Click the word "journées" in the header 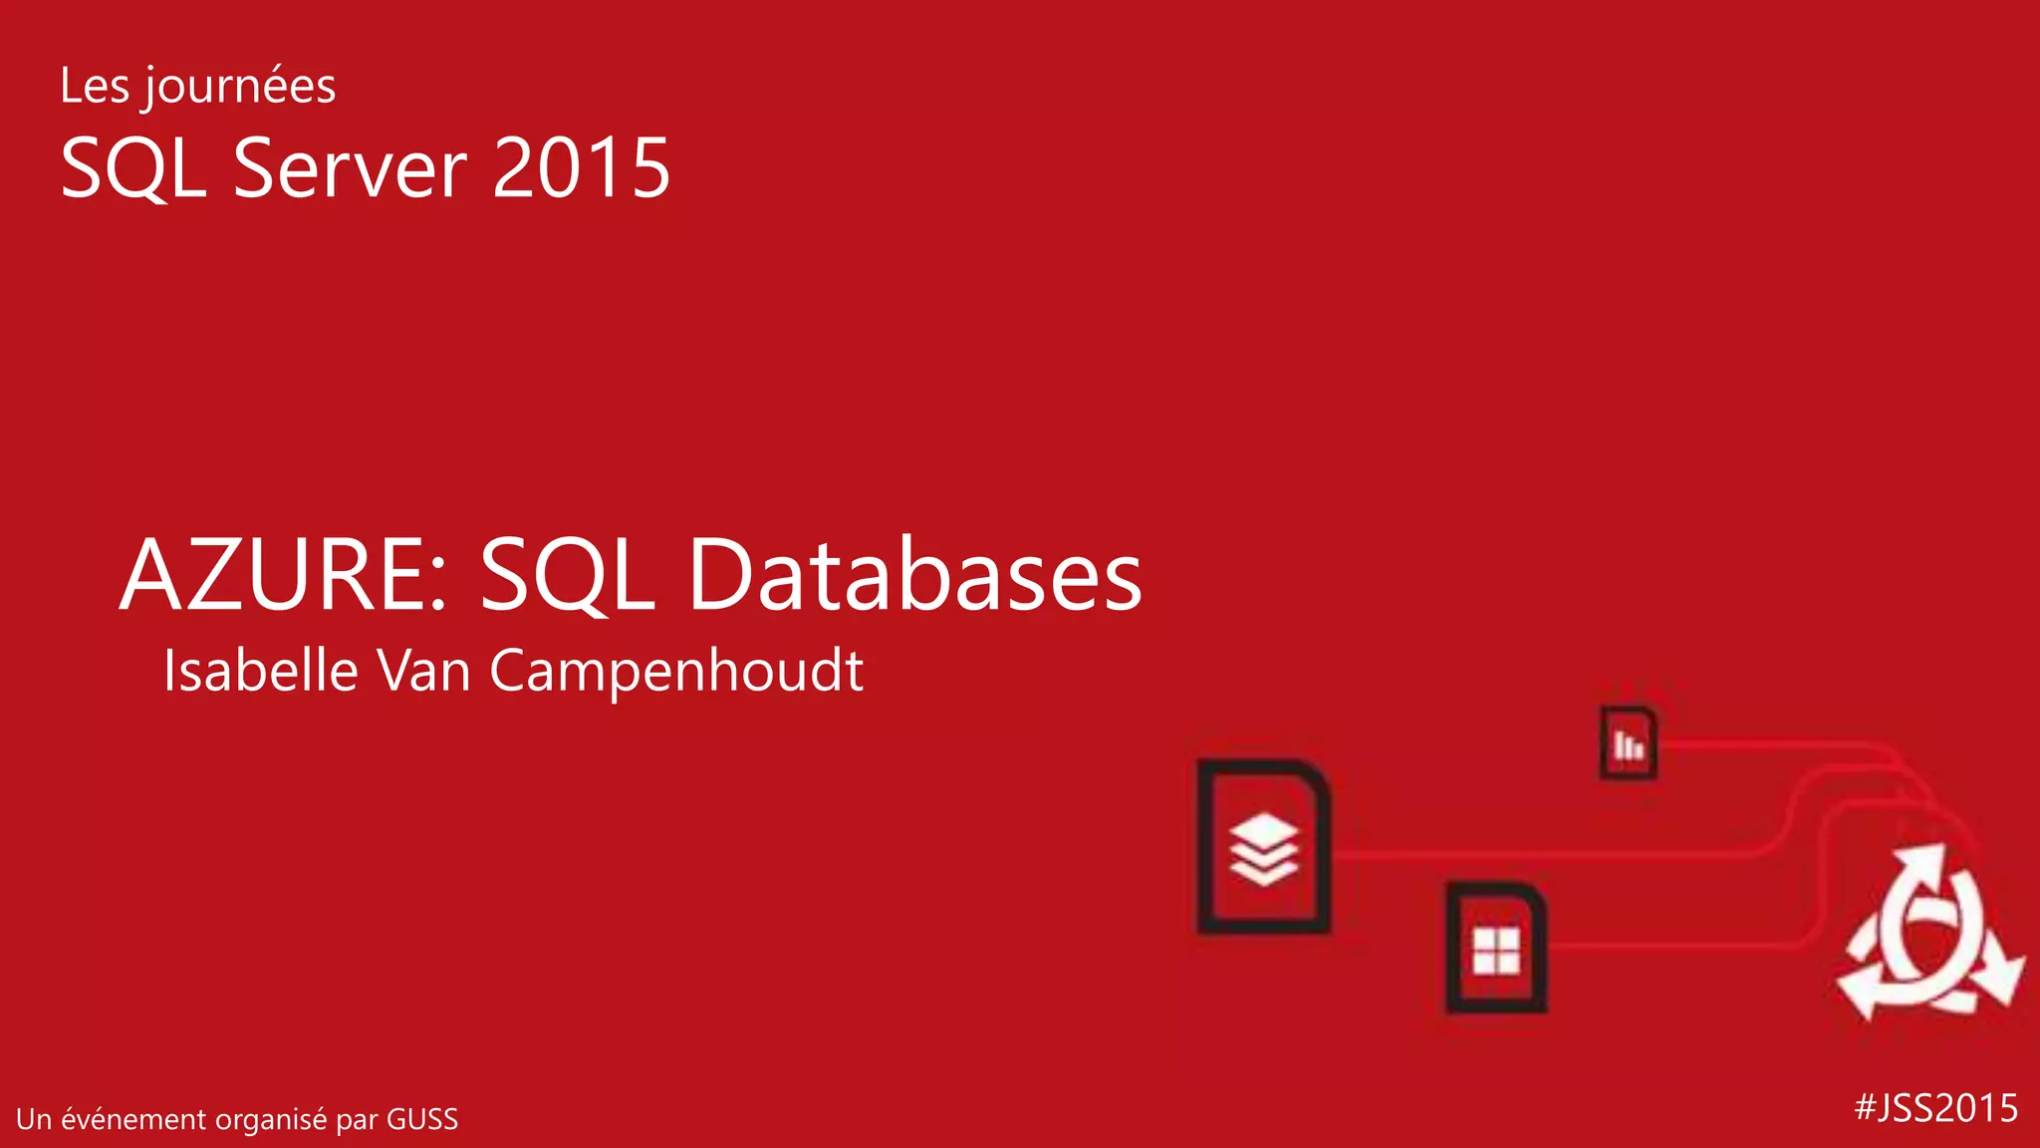point(238,87)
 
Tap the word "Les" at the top point(95,86)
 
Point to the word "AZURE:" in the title point(284,575)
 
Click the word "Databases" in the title point(914,575)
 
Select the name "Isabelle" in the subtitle point(261,670)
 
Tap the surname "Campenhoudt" point(676,672)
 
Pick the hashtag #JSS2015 point(1936,1108)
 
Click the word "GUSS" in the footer point(422,1119)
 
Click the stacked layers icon point(1264,849)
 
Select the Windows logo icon point(1496,950)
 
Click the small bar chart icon point(1629,743)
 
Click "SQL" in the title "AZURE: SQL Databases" point(567,575)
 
